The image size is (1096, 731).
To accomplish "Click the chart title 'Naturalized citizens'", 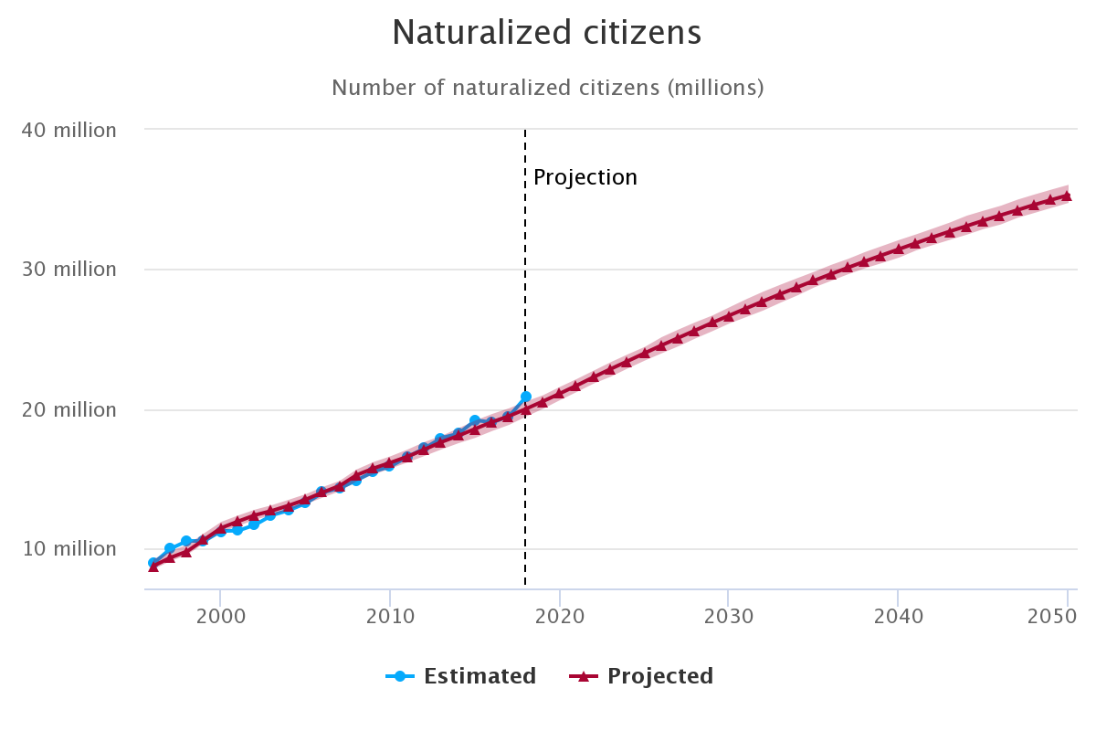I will click(547, 33).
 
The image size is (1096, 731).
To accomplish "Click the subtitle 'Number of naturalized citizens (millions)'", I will click(547, 88).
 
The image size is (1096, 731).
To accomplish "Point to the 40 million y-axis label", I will click(68, 130).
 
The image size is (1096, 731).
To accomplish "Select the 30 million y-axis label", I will click(68, 270).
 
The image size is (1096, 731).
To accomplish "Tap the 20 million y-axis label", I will click(68, 409).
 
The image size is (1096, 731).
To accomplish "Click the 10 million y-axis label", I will click(68, 548).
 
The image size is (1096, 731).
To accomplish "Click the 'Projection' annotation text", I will click(585, 177).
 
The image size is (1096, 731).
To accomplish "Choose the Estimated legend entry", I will click(461, 676).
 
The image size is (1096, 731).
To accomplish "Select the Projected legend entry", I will click(641, 676).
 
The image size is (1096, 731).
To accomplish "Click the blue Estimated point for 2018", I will click(525, 397).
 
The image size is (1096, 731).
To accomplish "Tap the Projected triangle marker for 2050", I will click(1067, 196).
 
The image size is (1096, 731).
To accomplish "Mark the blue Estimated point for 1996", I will click(153, 563).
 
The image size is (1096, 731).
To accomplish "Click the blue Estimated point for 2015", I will click(475, 420).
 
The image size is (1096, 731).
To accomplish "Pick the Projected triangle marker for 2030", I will click(729, 315).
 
